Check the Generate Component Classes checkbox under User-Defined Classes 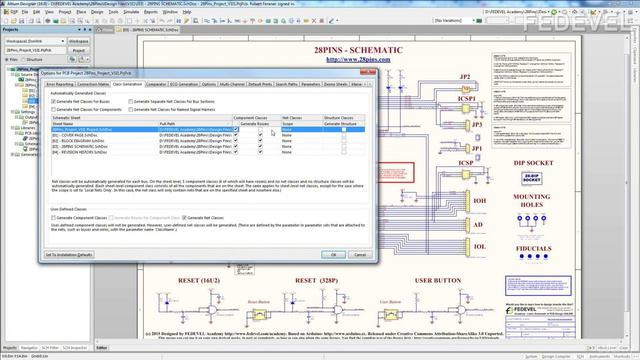point(54,217)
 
